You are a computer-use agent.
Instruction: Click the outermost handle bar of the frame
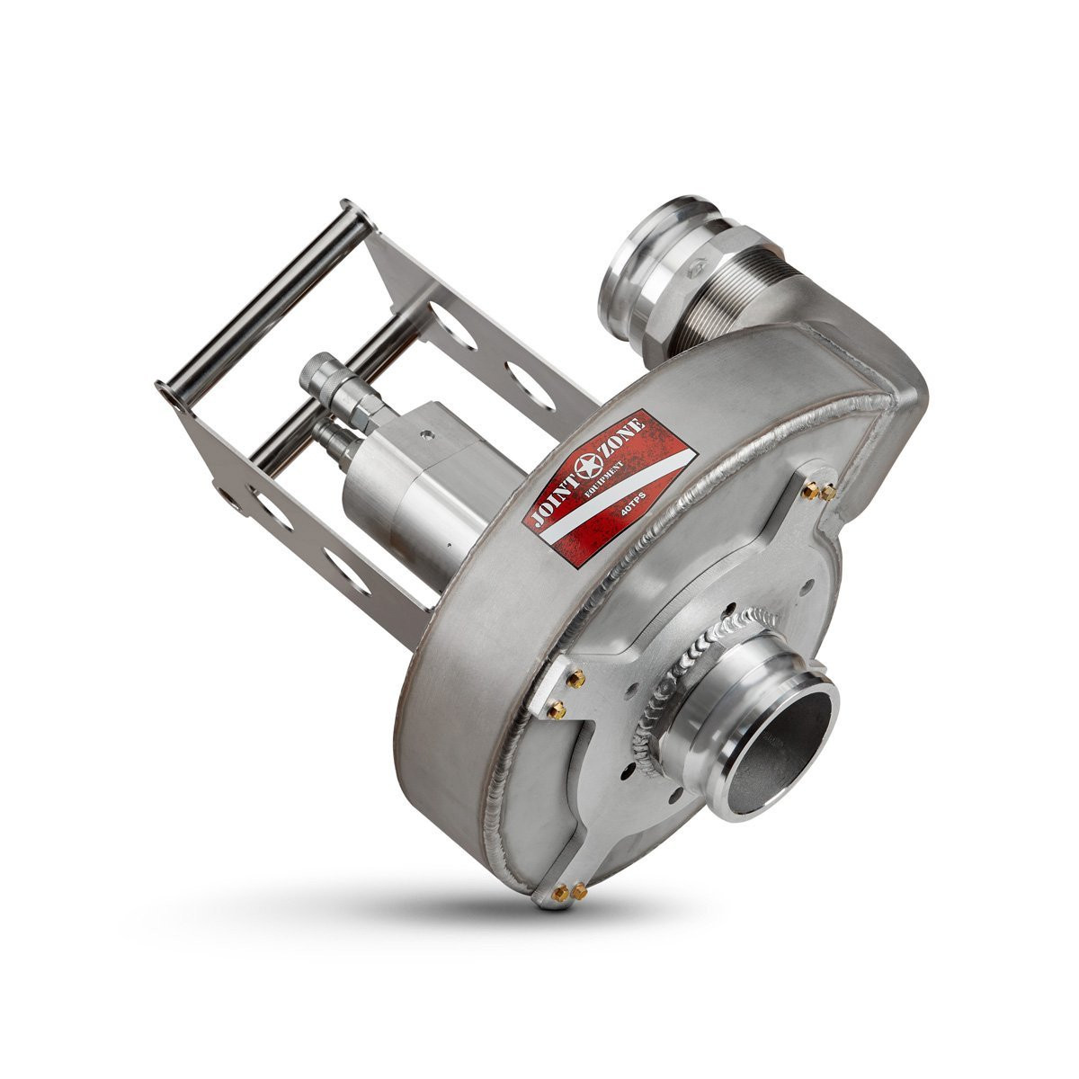[x=263, y=298]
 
